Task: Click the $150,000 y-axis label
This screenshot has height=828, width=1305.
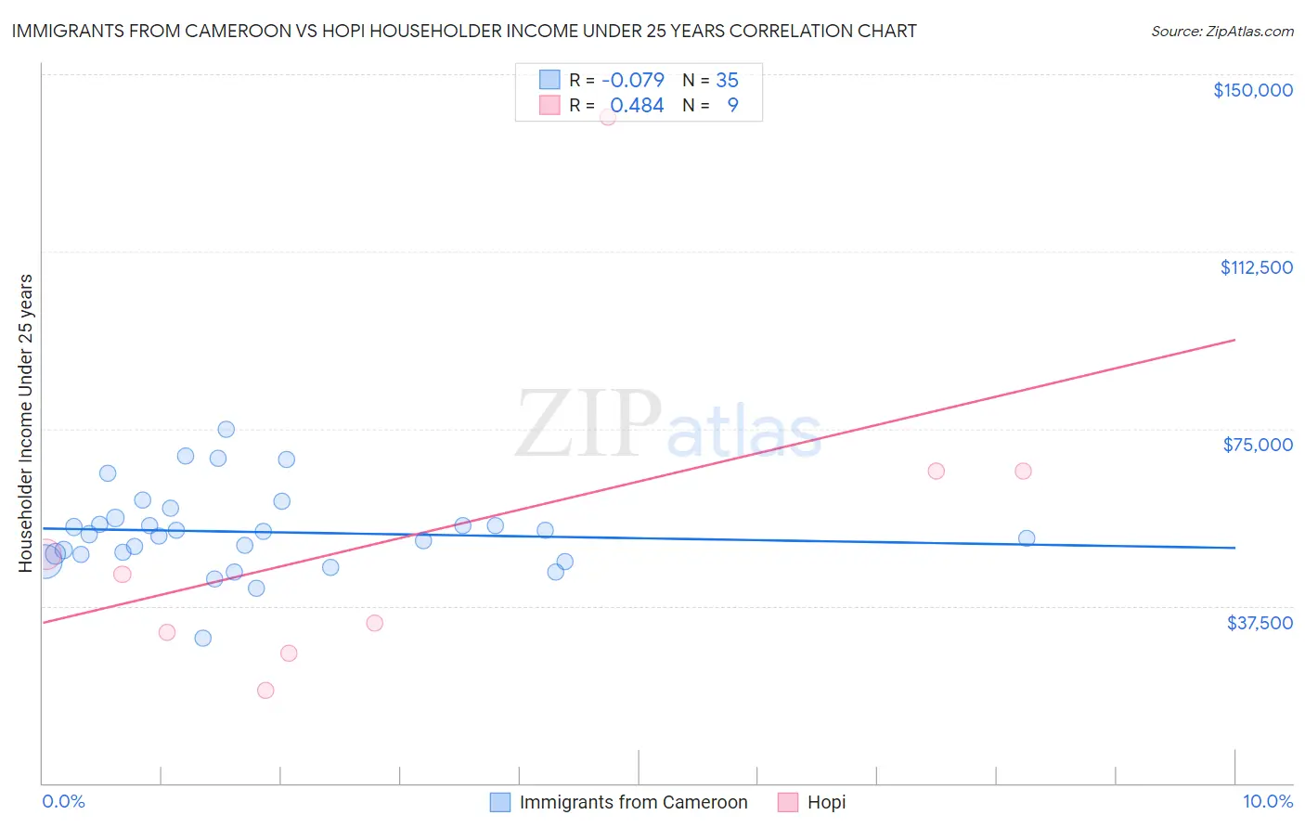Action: pyautogui.click(x=1252, y=90)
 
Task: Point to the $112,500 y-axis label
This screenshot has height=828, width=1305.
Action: pyautogui.click(x=1256, y=267)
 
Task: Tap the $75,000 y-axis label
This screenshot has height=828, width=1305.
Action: pyautogui.click(x=1258, y=445)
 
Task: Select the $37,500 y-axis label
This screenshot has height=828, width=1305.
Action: pyautogui.click(x=1259, y=623)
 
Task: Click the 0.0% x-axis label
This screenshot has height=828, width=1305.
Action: pyautogui.click(x=63, y=801)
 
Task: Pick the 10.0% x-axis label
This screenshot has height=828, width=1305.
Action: pyautogui.click(x=1267, y=801)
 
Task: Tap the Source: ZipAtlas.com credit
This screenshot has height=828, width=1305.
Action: pyautogui.click(x=1221, y=32)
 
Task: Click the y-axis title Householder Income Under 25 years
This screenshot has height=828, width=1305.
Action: pyautogui.click(x=26, y=422)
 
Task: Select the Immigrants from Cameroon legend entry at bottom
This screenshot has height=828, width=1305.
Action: pyautogui.click(x=619, y=802)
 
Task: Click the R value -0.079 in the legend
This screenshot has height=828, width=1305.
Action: pyautogui.click(x=633, y=81)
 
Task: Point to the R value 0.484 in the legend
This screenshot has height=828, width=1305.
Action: pyautogui.click(x=637, y=106)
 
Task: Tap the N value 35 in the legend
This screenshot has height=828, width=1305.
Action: pyautogui.click(x=727, y=81)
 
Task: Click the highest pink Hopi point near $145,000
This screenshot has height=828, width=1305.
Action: pyautogui.click(x=608, y=117)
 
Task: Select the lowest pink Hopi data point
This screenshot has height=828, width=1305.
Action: pyautogui.click(x=265, y=690)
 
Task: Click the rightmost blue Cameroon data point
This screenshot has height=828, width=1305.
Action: pyautogui.click(x=1027, y=538)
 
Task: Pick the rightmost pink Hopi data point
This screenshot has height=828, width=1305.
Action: pyautogui.click(x=1023, y=471)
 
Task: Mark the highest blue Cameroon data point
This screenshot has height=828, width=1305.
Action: pyautogui.click(x=226, y=429)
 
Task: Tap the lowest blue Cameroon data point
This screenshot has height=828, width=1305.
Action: pyautogui.click(x=203, y=638)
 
